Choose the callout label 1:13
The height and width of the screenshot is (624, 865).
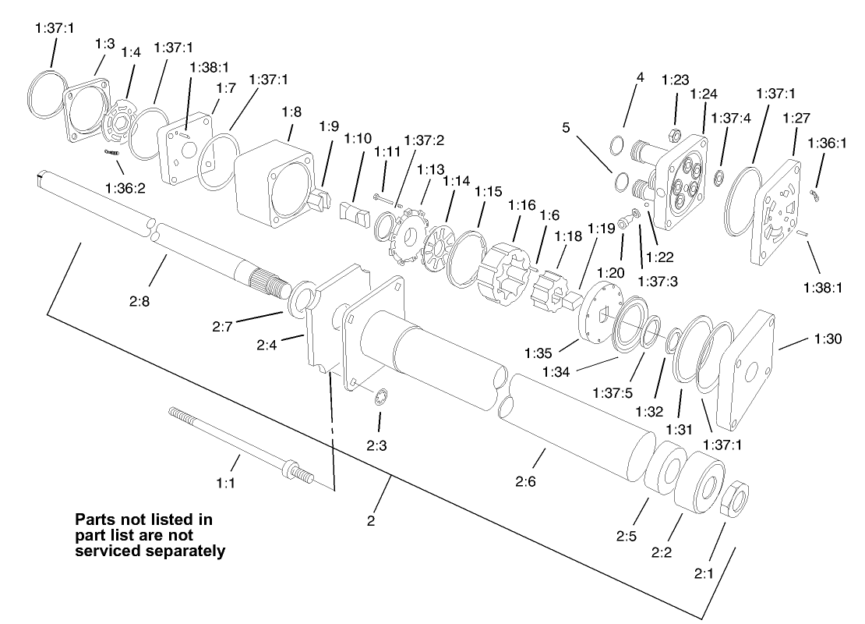[430, 169]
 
